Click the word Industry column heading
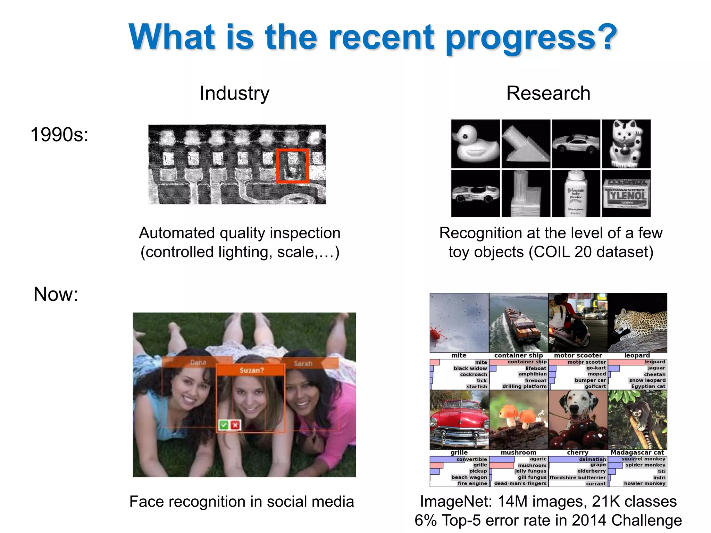[x=234, y=93]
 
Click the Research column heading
[x=548, y=93]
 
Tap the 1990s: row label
[x=59, y=135]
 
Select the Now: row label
[x=56, y=294]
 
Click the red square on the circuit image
[x=292, y=166]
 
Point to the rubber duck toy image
[x=475, y=144]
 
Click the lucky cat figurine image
[x=626, y=144]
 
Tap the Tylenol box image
[x=626, y=194]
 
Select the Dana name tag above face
[x=198, y=362]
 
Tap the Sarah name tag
[x=303, y=363]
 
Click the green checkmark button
[x=224, y=425]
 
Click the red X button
[x=235, y=425]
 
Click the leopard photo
[x=637, y=323]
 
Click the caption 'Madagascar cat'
[x=637, y=452]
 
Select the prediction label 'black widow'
[x=470, y=368]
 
